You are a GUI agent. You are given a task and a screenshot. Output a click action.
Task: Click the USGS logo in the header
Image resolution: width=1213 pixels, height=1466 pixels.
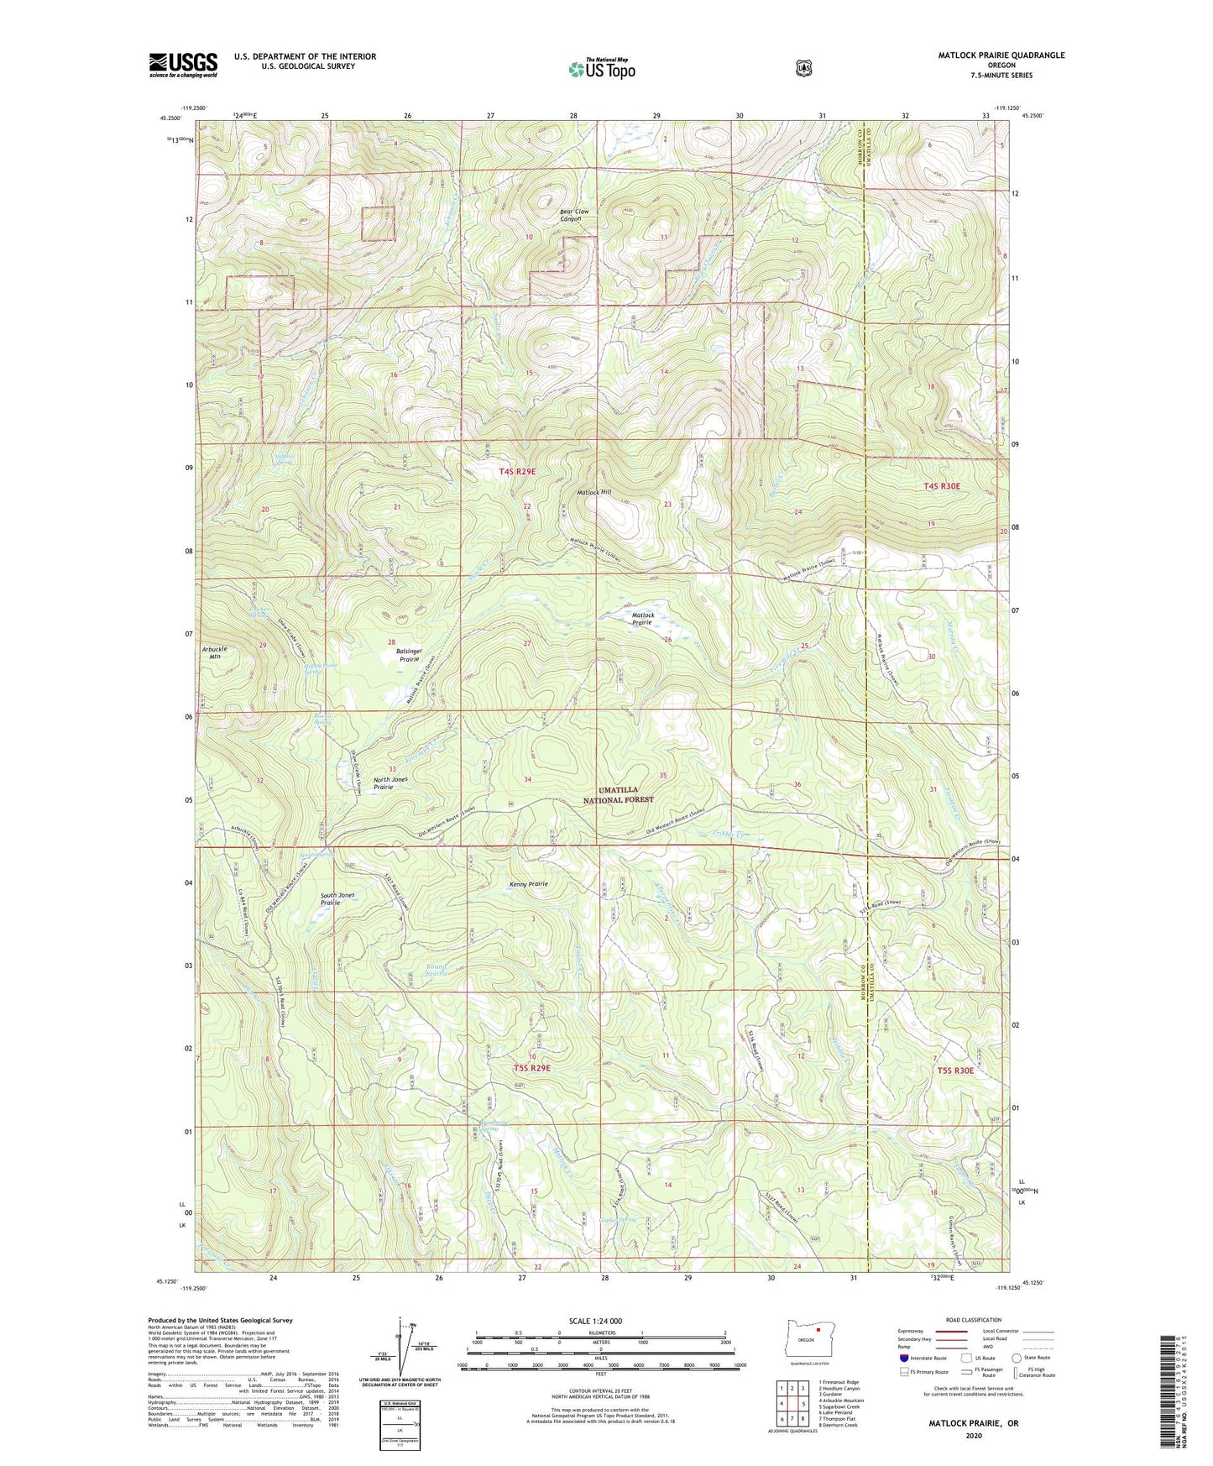[x=183, y=65]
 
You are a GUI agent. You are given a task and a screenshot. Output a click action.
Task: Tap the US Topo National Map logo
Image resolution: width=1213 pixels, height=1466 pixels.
[x=601, y=69]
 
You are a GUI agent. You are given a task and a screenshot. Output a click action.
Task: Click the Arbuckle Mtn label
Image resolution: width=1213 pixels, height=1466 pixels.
[x=214, y=652]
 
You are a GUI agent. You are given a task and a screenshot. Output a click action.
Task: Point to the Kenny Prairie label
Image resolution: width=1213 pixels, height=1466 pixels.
[x=529, y=884]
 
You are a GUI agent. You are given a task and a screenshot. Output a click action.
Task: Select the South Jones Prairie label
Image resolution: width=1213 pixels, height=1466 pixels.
[x=337, y=899]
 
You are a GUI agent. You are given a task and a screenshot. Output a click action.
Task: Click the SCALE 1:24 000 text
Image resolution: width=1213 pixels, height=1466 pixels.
[x=595, y=1321]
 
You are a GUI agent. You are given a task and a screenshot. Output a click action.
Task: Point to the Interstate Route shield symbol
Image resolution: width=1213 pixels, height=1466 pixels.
[x=904, y=1358]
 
